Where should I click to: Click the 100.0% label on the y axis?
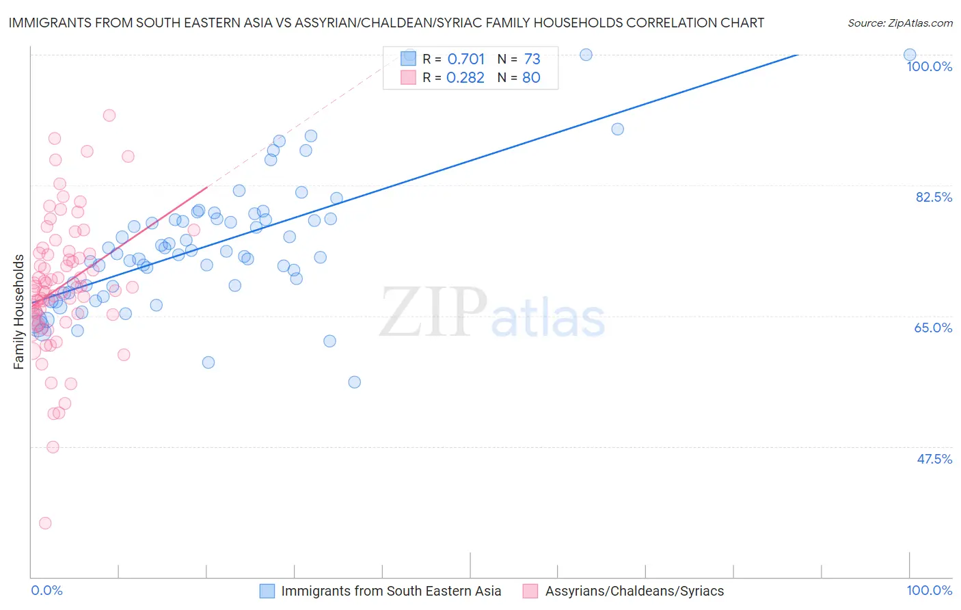(929, 66)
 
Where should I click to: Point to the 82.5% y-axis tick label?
(934, 197)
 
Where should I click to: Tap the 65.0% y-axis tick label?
(933, 328)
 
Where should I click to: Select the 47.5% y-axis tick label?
(934, 459)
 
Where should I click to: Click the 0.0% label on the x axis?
(46, 590)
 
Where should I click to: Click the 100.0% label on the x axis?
(929, 590)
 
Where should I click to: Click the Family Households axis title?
(18, 312)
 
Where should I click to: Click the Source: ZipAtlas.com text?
(899, 23)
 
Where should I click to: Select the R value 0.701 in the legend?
(465, 59)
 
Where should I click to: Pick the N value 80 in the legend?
(531, 77)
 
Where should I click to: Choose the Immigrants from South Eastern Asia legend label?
(391, 591)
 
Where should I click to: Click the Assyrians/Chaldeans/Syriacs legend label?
(634, 591)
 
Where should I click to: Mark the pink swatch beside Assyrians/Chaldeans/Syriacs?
(530, 591)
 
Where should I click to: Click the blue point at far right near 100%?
(910, 55)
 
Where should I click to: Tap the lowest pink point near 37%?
(45, 523)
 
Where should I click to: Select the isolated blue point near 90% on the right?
(617, 129)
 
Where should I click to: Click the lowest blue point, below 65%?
(354, 382)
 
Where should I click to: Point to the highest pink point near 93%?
(109, 116)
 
